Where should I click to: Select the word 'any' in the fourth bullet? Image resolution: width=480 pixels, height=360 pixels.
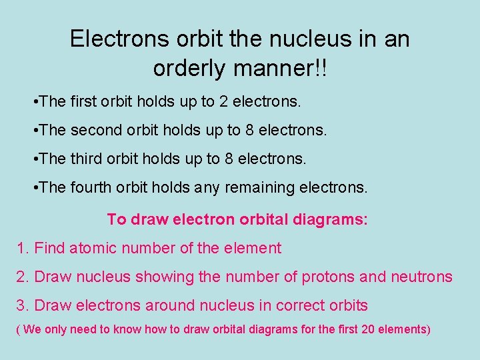[207, 188]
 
